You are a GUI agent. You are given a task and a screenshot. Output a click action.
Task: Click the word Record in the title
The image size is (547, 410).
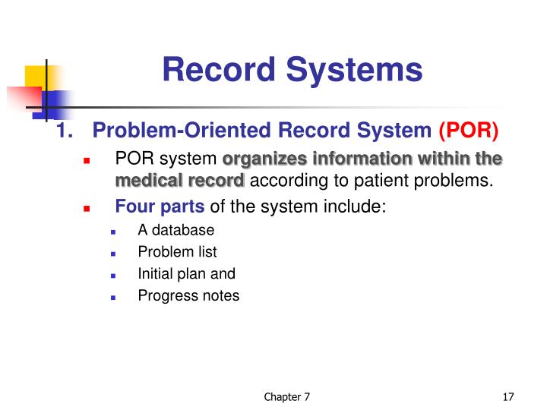[x=214, y=70]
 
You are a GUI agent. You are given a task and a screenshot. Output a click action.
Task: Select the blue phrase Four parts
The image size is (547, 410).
[x=160, y=207]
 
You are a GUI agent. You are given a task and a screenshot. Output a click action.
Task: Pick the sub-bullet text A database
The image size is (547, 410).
[x=176, y=230]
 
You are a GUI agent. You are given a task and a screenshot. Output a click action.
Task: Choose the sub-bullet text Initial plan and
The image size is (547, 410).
[x=187, y=274]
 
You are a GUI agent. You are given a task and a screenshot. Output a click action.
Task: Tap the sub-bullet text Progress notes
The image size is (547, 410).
[x=188, y=296]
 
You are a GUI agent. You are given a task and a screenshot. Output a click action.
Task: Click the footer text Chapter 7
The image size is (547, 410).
[x=286, y=397]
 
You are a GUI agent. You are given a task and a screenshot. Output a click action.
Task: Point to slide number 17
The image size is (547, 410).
[x=509, y=397]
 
